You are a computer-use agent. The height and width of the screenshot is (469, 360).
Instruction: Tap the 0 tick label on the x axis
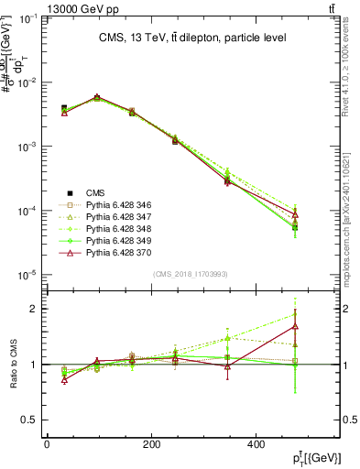pos(47,445)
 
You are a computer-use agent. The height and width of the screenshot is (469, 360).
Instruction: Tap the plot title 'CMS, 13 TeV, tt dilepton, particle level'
pos(191,38)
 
